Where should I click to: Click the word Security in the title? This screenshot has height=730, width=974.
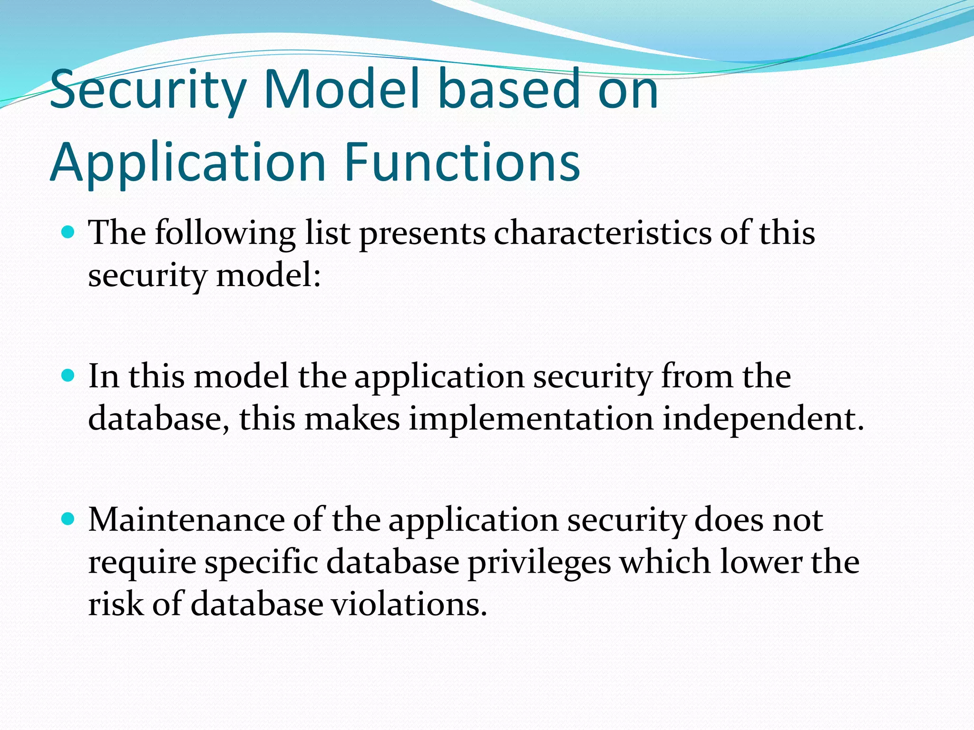(x=147, y=90)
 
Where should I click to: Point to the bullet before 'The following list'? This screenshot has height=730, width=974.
(x=68, y=232)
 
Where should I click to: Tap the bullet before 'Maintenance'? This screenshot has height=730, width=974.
(x=68, y=519)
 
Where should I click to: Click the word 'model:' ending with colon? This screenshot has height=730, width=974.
(x=269, y=276)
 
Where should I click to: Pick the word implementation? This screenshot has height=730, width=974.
(x=531, y=419)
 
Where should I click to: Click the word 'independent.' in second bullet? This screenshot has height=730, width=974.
(x=763, y=419)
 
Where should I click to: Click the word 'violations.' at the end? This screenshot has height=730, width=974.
(x=409, y=605)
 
